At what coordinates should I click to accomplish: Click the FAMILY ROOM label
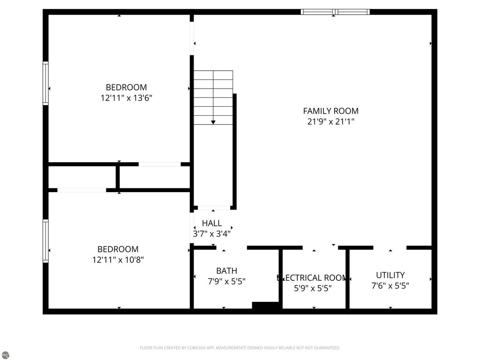(x=330, y=111)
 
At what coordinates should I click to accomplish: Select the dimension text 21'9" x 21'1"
(x=330, y=122)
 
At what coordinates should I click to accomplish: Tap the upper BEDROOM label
(x=126, y=87)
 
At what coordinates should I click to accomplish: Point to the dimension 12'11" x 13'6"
(x=126, y=98)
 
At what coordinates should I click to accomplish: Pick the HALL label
(x=212, y=224)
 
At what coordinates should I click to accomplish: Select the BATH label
(x=226, y=271)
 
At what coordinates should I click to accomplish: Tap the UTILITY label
(x=390, y=275)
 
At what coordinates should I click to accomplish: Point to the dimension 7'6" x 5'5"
(x=390, y=285)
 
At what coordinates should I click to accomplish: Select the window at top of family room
(x=335, y=12)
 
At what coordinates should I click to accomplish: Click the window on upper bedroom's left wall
(x=45, y=83)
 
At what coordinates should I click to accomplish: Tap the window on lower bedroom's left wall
(x=45, y=241)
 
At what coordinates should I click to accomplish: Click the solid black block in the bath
(x=266, y=306)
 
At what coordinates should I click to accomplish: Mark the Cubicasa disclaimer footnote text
(x=240, y=348)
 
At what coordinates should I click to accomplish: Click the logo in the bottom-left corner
(x=5, y=355)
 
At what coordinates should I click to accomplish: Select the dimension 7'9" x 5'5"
(x=226, y=282)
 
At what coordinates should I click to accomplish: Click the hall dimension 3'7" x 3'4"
(x=212, y=233)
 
